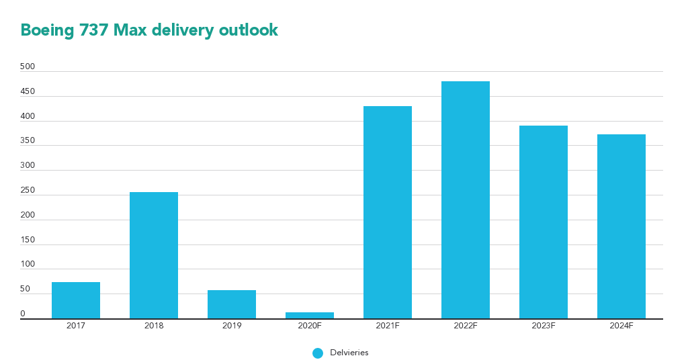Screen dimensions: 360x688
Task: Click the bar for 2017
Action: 76,300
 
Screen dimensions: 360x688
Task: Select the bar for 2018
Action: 154,255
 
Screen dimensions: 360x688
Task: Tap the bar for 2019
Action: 232,304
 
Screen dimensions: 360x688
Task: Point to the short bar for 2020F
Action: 310,315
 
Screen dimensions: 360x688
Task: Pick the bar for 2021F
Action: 388,212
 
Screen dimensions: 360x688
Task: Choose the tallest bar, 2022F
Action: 466,200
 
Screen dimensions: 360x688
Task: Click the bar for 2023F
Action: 544,222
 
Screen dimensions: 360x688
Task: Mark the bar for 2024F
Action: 621,226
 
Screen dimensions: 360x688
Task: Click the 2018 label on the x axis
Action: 154,326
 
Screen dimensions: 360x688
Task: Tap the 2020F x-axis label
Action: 310,326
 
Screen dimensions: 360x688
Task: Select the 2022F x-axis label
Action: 466,326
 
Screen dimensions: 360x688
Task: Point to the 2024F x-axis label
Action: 621,326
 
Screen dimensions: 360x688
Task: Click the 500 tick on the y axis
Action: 28,66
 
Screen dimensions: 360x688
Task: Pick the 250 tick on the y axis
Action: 28,190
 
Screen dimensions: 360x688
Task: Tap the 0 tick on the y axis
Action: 23,314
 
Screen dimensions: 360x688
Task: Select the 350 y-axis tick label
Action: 28,140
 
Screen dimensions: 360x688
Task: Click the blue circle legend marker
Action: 318,353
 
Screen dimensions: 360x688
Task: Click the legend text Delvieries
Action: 349,353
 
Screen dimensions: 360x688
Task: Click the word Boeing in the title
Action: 44,30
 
